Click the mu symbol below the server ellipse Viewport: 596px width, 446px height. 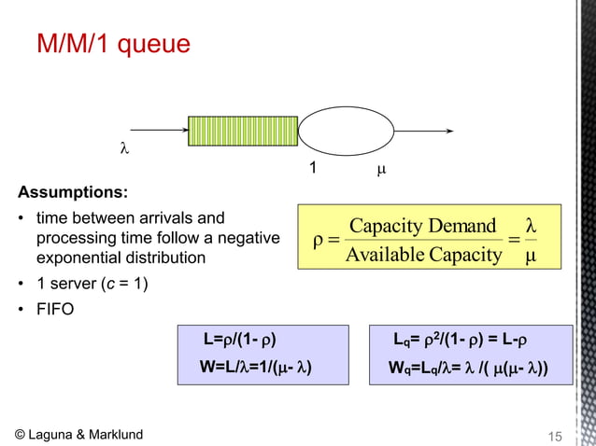point(380,171)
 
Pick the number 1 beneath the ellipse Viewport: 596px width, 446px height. point(314,171)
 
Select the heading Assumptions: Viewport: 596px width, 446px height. point(73,194)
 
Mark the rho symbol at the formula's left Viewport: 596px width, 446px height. point(319,241)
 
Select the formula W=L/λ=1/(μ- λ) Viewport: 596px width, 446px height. point(254,366)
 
